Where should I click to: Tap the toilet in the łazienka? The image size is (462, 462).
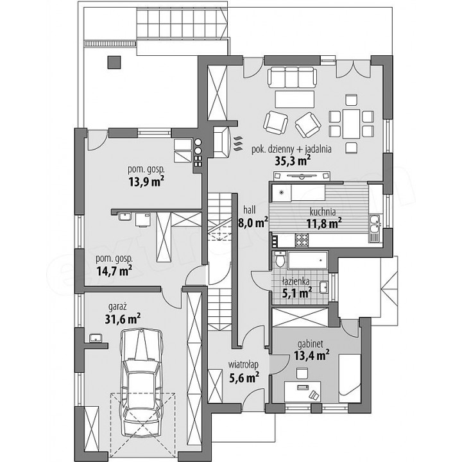280,259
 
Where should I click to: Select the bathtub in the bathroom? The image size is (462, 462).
308,260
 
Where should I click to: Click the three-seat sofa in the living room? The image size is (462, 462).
293,77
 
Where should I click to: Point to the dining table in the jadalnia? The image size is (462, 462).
351,124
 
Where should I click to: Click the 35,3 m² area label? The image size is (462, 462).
293,161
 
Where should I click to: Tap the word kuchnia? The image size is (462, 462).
323,212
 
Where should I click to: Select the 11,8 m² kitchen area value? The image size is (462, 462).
324,223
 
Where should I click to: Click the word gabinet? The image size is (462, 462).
311,344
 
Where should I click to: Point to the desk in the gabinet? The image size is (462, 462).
303,391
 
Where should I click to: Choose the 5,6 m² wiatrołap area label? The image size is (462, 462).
244,377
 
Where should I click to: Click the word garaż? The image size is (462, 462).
117,307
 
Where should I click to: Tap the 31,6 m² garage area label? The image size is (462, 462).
123,319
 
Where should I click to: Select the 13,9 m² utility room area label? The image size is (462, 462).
146,182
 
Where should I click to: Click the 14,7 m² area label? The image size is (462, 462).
114,271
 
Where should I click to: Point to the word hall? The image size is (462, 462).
249,210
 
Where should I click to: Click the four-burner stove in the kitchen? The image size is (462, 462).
302,240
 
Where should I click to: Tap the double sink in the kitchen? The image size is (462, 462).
375,225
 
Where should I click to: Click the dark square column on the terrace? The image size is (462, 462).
114,62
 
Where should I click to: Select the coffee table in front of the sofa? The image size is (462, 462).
295,99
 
